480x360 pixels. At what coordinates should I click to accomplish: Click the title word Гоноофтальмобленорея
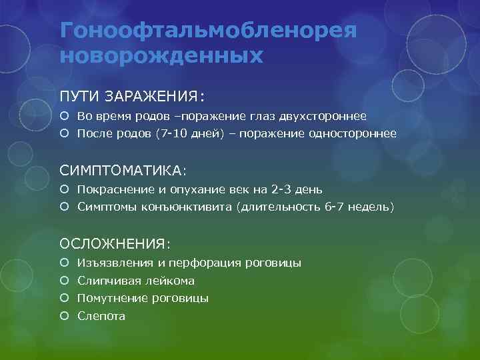click(209, 30)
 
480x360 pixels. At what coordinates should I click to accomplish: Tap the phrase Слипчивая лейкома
click(136, 281)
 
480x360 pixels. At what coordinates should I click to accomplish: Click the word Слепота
click(101, 316)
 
